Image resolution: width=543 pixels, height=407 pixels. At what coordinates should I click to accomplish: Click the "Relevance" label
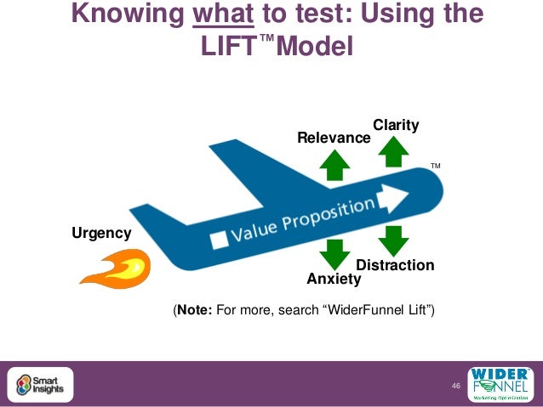click(x=334, y=138)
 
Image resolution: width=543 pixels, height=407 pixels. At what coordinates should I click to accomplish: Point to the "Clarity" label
click(x=396, y=125)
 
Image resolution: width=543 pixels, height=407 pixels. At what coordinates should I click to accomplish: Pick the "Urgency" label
click(x=101, y=233)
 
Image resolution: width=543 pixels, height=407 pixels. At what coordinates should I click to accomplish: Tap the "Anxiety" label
click(x=334, y=279)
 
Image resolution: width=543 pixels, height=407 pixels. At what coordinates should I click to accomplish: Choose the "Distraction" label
click(x=395, y=265)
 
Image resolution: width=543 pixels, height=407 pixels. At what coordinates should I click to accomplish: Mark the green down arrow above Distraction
click(x=392, y=240)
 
